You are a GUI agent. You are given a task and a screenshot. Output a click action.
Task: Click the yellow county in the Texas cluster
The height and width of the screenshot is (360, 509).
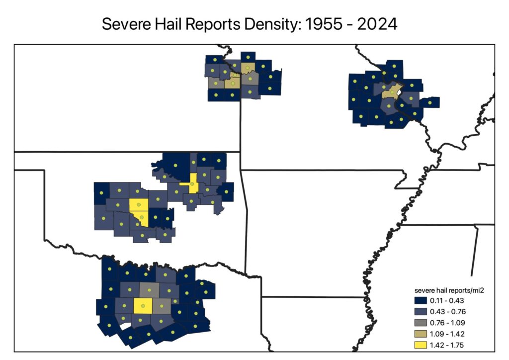pos(143,306)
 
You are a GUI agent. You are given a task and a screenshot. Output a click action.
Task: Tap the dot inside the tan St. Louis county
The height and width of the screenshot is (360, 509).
pos(392,92)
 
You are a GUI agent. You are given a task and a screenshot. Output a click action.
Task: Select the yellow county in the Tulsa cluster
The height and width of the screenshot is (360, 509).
pos(193,184)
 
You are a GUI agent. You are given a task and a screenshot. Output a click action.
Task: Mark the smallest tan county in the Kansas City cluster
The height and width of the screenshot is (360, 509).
pos(234,76)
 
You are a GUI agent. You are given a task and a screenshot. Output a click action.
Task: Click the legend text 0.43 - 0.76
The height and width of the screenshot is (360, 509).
pos(448,312)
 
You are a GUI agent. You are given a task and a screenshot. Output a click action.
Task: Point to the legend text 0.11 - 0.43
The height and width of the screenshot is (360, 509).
pos(448,301)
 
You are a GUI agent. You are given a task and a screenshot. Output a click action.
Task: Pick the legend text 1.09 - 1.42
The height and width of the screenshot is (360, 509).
pos(448,334)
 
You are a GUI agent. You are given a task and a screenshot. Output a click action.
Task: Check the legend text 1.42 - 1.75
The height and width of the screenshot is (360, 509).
pos(448,345)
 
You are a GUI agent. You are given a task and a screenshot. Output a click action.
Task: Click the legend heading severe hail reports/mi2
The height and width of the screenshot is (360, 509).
pos(448,290)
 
